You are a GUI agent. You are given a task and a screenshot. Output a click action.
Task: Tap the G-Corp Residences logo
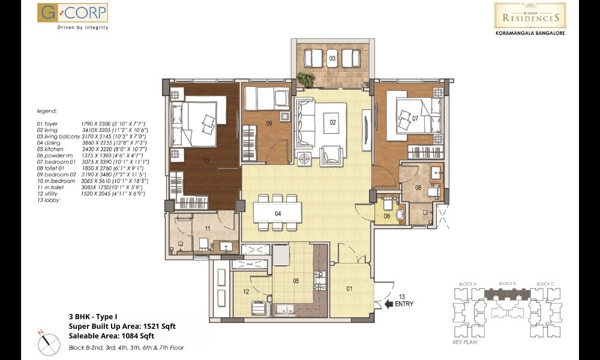click(530, 15)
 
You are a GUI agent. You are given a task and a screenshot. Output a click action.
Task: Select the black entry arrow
click(388, 304)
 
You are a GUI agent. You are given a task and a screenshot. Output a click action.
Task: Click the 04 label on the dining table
click(278, 213)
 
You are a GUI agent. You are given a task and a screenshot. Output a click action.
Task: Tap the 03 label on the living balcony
click(332, 58)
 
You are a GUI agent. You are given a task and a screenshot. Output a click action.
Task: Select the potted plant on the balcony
click(305, 79)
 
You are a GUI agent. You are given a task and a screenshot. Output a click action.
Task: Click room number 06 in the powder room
click(387, 215)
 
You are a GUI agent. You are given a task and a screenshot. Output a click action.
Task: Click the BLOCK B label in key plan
click(507, 283)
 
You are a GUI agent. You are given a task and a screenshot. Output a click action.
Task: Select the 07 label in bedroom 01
click(415, 118)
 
